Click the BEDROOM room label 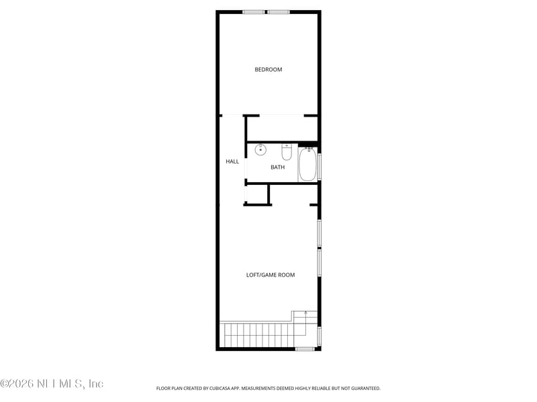[x=268, y=70]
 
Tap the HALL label [x=232, y=161]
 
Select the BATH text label [x=277, y=167]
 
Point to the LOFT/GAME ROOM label [x=271, y=275]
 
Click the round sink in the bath [x=260, y=149]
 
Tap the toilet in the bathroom [x=287, y=152]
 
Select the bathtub [x=307, y=164]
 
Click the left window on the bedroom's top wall [x=254, y=12]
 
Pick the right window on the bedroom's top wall [x=279, y=12]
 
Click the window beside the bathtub [x=320, y=166]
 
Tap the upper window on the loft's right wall [x=320, y=233]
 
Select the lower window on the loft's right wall [x=320, y=263]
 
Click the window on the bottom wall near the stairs [x=305, y=348]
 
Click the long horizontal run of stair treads [x=259, y=334]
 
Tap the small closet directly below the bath [x=257, y=194]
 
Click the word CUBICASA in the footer [x=220, y=389]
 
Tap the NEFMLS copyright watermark [x=52, y=383]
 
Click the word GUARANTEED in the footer [x=366, y=389]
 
